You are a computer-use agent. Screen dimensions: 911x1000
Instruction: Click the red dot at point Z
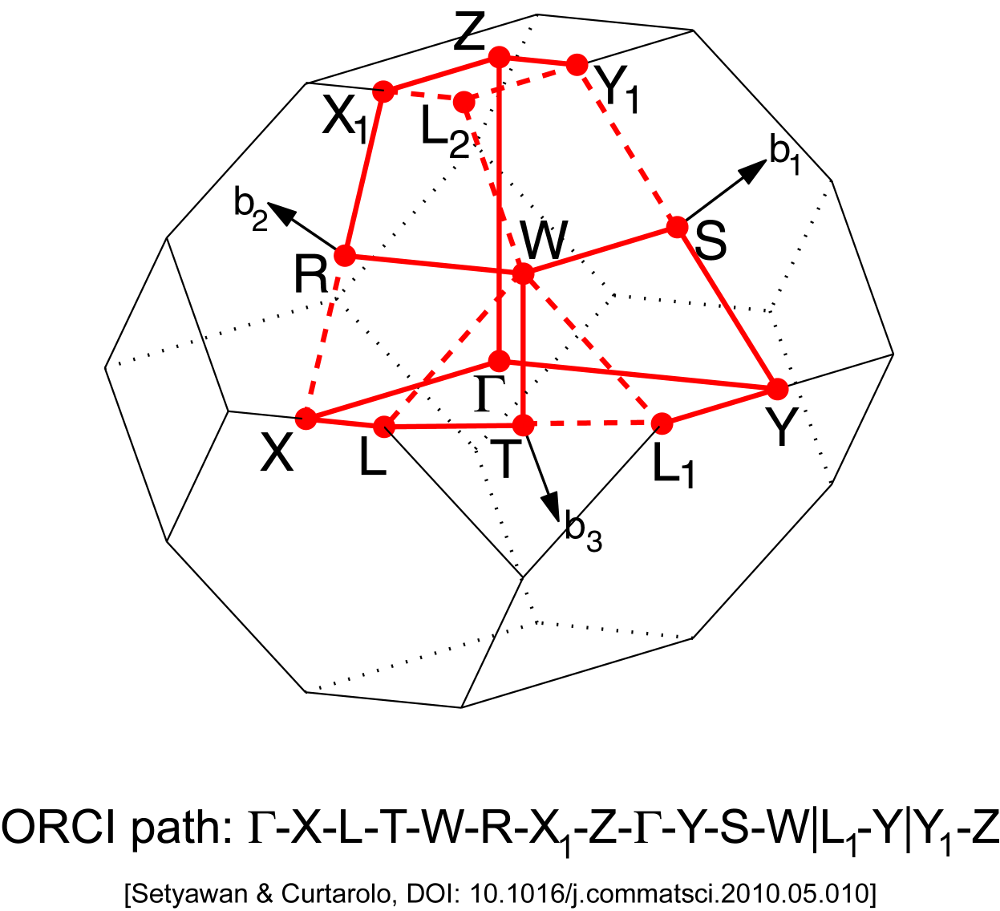[499, 57]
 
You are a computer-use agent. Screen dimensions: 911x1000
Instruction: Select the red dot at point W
[523, 274]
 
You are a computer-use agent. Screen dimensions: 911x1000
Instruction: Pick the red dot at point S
[678, 227]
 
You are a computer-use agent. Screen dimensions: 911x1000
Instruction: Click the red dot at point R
[345, 256]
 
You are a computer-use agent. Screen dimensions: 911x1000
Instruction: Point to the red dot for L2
[464, 102]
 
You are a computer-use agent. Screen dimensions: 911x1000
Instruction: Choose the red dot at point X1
[384, 91]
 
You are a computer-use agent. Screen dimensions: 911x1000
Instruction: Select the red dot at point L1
[662, 423]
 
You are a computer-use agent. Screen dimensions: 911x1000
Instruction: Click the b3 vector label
[583, 532]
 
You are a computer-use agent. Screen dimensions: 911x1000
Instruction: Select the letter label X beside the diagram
[277, 455]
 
